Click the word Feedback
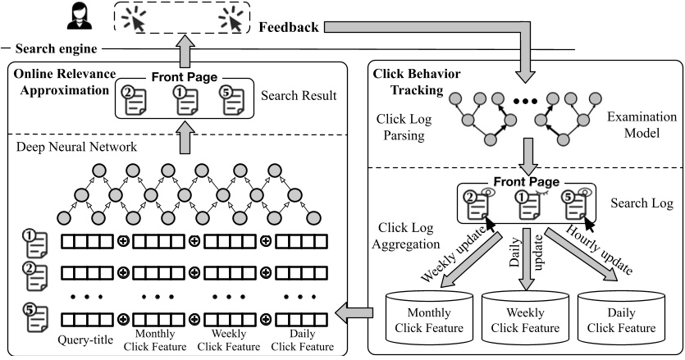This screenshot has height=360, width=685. [288, 27]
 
